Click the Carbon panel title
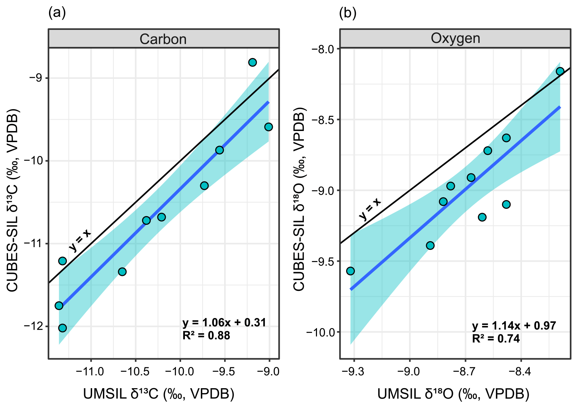coord(163,39)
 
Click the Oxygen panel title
coord(455,38)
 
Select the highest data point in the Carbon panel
coord(253,62)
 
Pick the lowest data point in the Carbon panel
coord(63,328)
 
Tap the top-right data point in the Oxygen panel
coord(560,71)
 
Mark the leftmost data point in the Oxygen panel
coord(350,271)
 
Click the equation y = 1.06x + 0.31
coord(224,323)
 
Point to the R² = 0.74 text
coord(496,338)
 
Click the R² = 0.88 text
coord(206,335)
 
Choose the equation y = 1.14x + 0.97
coord(514,326)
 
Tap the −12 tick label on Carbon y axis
coord(33,326)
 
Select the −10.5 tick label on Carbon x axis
coord(136,372)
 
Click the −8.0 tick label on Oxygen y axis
coord(323,49)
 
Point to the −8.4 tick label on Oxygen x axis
coord(521,372)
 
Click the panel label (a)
coord(57,13)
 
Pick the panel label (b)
coord(348,13)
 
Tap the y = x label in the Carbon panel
coord(80,240)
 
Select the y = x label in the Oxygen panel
coord(370,209)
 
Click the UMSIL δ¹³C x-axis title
coord(158,394)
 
